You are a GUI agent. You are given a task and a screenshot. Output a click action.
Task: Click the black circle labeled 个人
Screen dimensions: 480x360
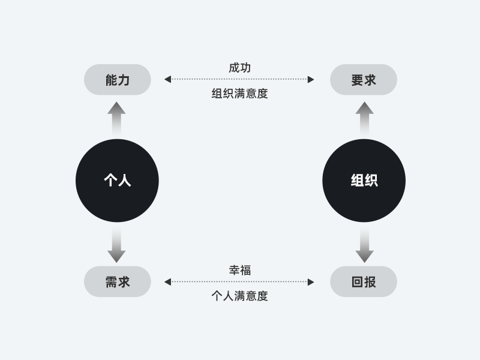click(117, 181)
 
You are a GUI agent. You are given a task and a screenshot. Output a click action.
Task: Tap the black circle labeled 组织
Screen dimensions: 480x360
click(364, 181)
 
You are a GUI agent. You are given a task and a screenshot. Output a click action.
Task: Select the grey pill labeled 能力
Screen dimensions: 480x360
click(117, 80)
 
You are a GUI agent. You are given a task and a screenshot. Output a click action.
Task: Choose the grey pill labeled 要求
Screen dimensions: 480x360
click(364, 80)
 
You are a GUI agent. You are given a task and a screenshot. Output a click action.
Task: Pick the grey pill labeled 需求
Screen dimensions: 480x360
click(117, 281)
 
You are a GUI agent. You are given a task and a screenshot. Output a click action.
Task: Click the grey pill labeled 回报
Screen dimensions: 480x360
click(364, 281)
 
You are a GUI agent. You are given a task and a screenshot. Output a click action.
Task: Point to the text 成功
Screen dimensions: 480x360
click(239, 68)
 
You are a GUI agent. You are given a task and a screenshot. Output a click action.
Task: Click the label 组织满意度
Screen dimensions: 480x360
click(239, 94)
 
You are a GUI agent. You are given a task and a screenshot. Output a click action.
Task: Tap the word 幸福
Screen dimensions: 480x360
click(239, 270)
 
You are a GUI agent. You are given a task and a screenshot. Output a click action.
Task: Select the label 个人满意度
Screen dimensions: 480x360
click(239, 296)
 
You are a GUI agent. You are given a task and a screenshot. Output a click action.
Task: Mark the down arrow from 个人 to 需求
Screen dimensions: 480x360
click(116, 244)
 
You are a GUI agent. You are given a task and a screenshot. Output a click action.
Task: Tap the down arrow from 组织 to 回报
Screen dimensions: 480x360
click(364, 244)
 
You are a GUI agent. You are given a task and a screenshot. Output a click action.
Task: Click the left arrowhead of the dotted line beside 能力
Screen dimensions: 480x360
click(167, 79)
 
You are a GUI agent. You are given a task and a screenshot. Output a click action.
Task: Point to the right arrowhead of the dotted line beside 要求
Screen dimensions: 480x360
click(311, 79)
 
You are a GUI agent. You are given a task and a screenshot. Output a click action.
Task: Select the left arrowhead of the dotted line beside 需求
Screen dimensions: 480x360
click(167, 281)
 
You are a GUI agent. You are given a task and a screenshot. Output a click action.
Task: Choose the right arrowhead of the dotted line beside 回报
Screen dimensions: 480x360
click(311, 281)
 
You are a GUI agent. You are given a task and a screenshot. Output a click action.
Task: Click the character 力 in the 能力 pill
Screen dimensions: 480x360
click(124, 80)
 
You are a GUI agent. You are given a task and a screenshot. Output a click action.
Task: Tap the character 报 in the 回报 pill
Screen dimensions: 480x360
click(371, 281)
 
